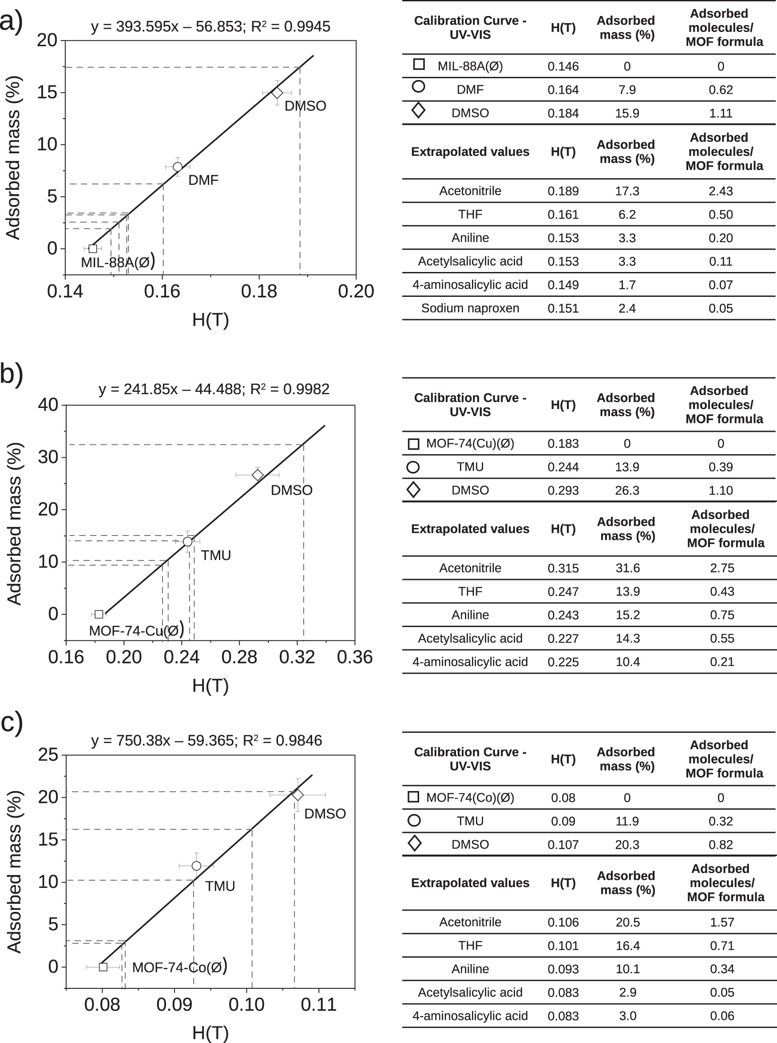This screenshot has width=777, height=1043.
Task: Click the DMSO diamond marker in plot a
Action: click(277, 93)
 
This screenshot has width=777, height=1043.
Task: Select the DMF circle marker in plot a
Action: click(177, 167)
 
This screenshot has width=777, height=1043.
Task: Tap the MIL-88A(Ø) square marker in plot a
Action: click(93, 248)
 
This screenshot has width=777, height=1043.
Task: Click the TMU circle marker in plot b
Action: click(188, 542)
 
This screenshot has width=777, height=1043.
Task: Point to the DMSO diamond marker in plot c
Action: click(298, 795)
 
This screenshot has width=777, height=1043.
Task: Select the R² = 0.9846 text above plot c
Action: click(282, 740)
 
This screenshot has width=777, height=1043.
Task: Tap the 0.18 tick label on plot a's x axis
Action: click(259, 292)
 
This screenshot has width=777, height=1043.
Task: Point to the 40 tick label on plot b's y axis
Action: click(48, 405)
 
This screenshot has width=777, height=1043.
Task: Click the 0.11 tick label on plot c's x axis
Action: click(318, 1004)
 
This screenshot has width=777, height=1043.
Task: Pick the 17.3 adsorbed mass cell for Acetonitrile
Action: click(627, 191)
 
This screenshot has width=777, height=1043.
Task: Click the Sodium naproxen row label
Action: click(470, 308)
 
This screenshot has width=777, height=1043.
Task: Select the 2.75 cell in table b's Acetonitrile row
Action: click(721, 568)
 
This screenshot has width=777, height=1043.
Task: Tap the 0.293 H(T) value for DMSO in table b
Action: click(563, 491)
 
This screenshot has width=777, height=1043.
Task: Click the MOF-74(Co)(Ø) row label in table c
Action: click(470, 798)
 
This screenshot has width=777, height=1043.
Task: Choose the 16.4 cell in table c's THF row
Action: click(627, 946)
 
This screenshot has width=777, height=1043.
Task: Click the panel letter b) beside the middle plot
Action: click(11, 374)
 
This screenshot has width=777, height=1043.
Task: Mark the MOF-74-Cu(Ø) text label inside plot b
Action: click(136, 630)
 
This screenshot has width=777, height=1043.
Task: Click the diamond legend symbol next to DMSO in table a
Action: click(418, 111)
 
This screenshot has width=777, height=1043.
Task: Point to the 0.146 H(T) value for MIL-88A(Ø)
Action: click(563, 66)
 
